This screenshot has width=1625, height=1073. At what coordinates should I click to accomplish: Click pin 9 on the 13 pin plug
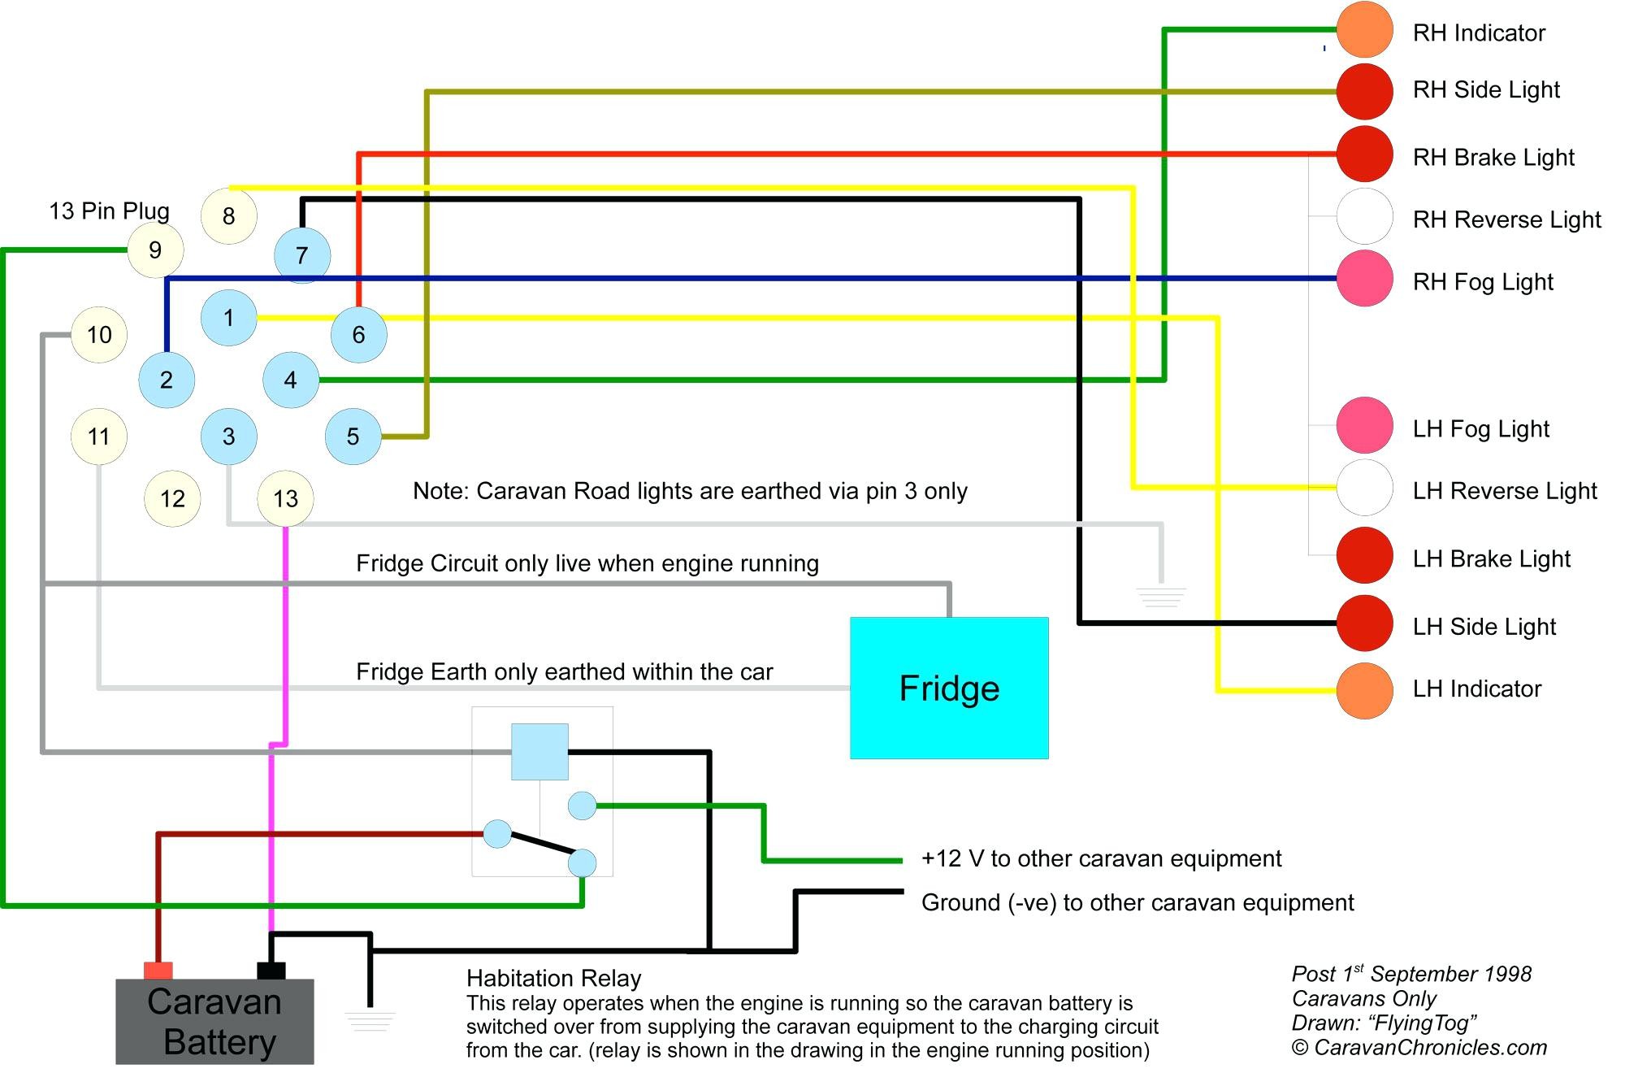(x=155, y=250)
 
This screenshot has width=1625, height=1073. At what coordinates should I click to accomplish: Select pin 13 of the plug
(x=285, y=498)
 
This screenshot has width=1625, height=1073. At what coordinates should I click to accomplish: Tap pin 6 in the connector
(x=358, y=334)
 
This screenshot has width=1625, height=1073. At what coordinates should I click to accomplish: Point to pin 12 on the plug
(x=172, y=498)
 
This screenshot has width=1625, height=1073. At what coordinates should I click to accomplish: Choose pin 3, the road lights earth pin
(x=229, y=437)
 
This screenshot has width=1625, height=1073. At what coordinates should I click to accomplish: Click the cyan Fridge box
(x=949, y=688)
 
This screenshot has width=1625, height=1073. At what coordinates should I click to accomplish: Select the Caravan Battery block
(x=214, y=1021)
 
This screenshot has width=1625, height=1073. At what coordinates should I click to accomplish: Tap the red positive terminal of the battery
(x=158, y=971)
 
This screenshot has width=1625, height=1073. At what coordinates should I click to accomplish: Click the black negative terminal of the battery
(x=271, y=971)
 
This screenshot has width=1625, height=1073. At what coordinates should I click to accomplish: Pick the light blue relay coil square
(x=539, y=752)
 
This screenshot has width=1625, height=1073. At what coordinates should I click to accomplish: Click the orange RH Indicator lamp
(x=1365, y=30)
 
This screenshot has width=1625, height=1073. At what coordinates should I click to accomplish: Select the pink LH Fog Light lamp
(x=1365, y=425)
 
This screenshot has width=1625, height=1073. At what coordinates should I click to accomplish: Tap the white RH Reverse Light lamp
(x=1365, y=216)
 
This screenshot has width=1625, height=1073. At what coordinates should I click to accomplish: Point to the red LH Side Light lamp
(x=1365, y=623)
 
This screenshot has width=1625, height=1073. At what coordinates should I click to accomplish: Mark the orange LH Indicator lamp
(x=1365, y=691)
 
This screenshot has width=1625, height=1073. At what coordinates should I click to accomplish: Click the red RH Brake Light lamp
(x=1365, y=154)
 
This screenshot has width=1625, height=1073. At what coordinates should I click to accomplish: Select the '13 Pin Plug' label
(x=110, y=211)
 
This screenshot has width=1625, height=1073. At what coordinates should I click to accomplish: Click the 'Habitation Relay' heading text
(x=554, y=978)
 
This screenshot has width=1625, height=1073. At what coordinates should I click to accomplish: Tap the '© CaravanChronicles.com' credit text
(x=1419, y=1047)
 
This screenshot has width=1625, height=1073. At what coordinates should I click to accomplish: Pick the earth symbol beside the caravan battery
(x=370, y=1022)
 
